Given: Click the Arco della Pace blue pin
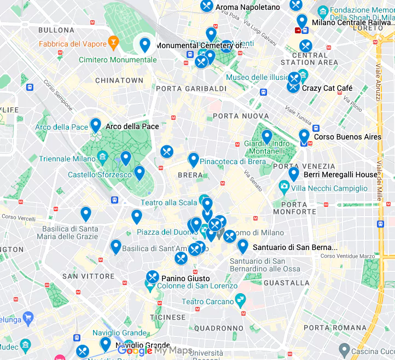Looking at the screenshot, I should (x=96, y=125).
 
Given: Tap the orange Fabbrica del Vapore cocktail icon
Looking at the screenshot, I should (x=113, y=42).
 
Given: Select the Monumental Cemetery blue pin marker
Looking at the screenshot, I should (x=145, y=44).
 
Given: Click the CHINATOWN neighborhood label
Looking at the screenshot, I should (x=119, y=80).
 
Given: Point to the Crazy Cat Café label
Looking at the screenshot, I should (x=327, y=88).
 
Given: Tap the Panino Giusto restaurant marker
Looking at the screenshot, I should (x=153, y=277).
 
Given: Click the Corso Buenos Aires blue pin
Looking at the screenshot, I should (x=304, y=136).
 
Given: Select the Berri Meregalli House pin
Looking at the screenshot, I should (x=294, y=173).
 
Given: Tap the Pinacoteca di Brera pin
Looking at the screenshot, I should (x=193, y=159).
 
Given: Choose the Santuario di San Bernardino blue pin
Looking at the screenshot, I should (x=243, y=246).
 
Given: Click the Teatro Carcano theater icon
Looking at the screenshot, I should (x=239, y=300).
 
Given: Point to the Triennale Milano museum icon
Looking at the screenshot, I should (x=102, y=159).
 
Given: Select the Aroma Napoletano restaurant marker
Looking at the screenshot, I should (x=207, y=6).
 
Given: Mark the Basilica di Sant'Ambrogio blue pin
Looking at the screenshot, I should (x=115, y=247).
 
